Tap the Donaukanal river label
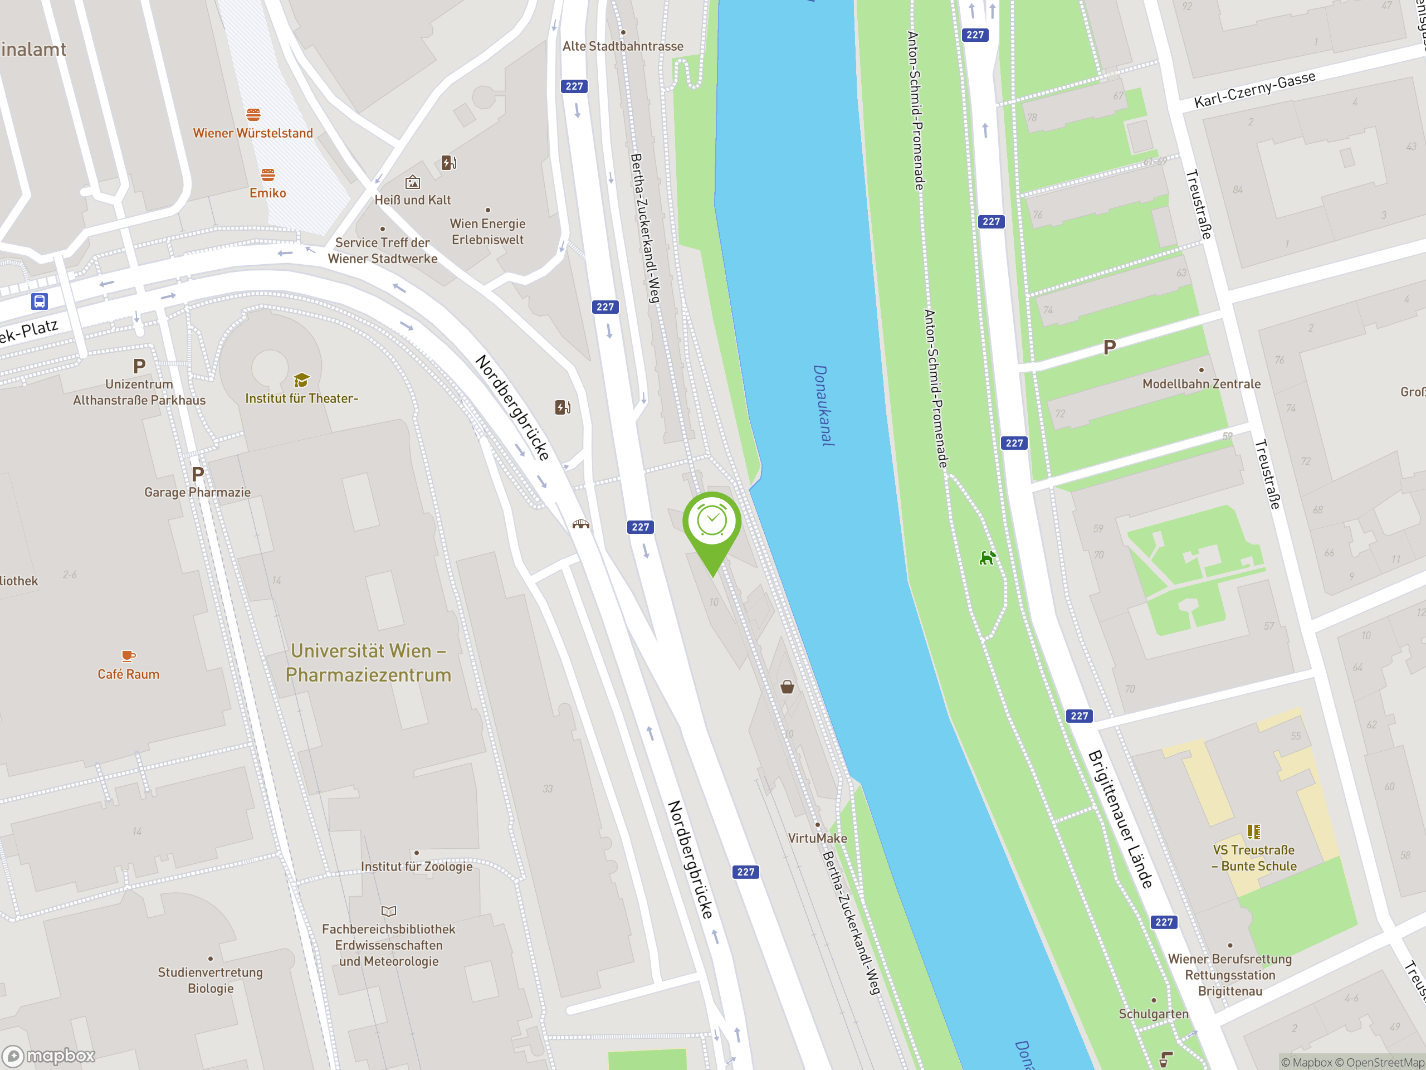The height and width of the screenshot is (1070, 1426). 823,406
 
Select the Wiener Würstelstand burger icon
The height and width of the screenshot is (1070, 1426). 253,115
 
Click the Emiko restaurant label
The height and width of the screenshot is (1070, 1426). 267,193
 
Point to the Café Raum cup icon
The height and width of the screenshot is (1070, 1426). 128,656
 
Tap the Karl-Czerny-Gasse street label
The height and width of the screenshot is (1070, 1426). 1254,90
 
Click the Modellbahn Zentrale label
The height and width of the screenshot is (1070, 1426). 1201,384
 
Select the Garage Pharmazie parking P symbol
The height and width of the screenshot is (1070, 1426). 198,474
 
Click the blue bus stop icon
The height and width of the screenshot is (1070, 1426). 40,301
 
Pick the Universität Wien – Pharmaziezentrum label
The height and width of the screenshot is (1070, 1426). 368,663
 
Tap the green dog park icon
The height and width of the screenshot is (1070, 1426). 987,557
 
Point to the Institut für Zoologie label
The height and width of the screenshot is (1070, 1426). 417,866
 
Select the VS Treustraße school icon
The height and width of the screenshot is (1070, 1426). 1253,831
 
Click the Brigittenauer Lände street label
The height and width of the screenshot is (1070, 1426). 1120,819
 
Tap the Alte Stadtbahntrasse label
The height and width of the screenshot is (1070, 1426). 623,46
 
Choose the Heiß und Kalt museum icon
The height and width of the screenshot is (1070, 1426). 413,183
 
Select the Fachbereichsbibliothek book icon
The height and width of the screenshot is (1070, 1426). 389,911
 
